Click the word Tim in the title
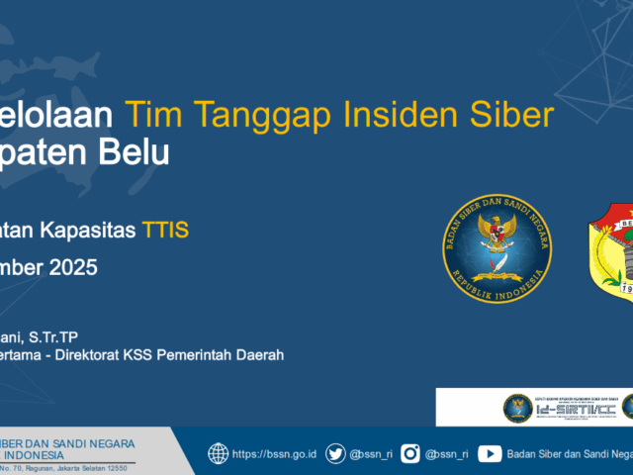coord(150,116)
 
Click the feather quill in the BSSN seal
coord(502,262)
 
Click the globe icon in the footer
coord(218,454)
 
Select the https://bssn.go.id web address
coord(274,454)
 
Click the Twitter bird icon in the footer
coord(336,454)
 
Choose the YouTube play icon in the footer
coord(489,454)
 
